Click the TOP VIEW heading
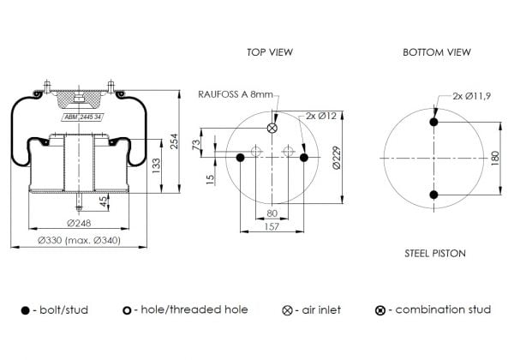270,51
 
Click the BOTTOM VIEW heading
437,51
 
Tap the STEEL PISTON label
435,253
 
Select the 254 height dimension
174,141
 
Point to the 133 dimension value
156,166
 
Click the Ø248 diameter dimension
79,223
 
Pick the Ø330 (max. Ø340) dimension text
79,240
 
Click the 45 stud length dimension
104,201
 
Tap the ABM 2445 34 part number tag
83,117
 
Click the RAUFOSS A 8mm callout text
236,94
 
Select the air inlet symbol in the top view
272,128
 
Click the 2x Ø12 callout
321,116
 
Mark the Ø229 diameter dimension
337,158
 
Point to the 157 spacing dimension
272,226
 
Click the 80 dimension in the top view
272,213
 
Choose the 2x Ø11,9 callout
472,96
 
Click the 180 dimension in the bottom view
495,158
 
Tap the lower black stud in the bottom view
433,195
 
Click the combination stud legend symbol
380,310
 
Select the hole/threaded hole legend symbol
127,310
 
